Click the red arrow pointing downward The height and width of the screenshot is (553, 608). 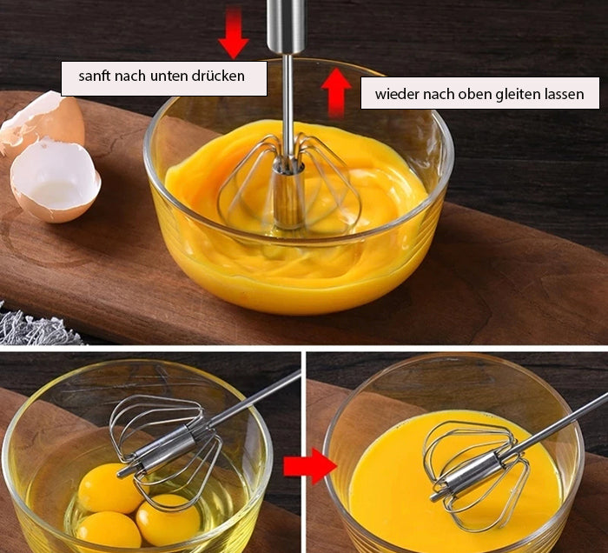[234, 33]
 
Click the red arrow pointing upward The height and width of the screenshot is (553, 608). [336, 92]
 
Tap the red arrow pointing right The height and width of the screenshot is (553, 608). [309, 466]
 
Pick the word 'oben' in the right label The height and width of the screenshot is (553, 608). [473, 94]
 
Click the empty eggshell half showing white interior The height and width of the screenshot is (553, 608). [55, 182]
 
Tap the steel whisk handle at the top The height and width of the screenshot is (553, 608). [286, 25]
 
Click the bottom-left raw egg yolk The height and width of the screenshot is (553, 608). [109, 530]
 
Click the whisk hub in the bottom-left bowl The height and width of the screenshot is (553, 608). [163, 449]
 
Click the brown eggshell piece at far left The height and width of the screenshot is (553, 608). [42, 123]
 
